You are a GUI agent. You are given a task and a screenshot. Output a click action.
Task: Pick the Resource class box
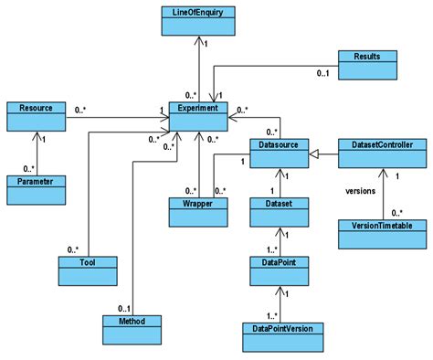[36, 113]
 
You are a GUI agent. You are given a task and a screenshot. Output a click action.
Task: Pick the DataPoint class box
[278, 269]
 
